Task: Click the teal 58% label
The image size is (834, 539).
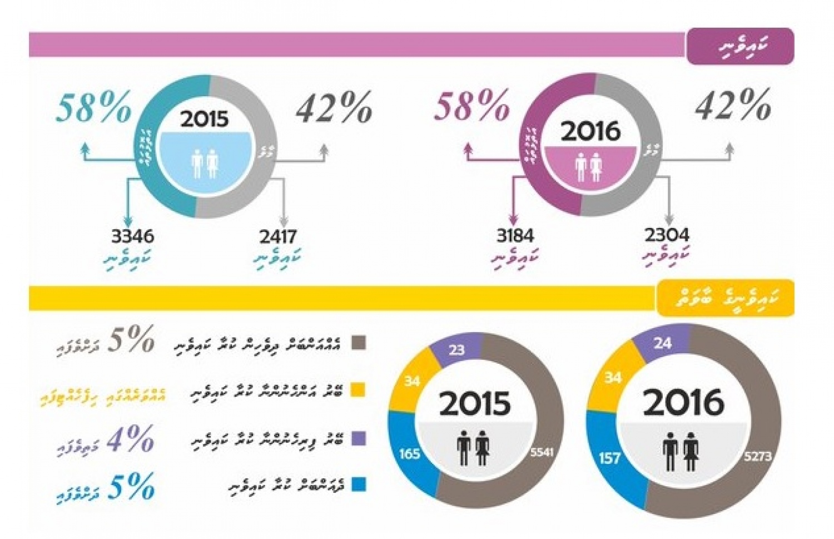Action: (93, 107)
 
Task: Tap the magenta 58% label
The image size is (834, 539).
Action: (471, 106)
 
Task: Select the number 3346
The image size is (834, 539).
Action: (132, 236)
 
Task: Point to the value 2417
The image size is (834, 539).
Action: (277, 237)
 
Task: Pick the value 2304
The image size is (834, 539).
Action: (667, 235)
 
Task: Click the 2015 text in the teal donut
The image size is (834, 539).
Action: (204, 119)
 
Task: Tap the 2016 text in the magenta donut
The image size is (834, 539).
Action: (590, 131)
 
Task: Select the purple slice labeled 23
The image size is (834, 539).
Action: (457, 350)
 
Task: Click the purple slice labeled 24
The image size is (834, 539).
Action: (662, 343)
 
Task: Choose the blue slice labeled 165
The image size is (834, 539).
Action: (409, 454)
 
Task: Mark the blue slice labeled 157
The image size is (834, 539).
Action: (609, 458)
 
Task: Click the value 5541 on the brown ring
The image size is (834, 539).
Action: (542, 452)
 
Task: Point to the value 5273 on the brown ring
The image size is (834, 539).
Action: (758, 456)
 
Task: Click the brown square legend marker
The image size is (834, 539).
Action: (359, 343)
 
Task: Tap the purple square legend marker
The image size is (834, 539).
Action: (359, 438)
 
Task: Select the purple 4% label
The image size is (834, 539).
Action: (130, 439)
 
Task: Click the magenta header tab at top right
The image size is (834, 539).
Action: (740, 46)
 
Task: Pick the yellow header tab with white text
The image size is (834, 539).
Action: (725, 298)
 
